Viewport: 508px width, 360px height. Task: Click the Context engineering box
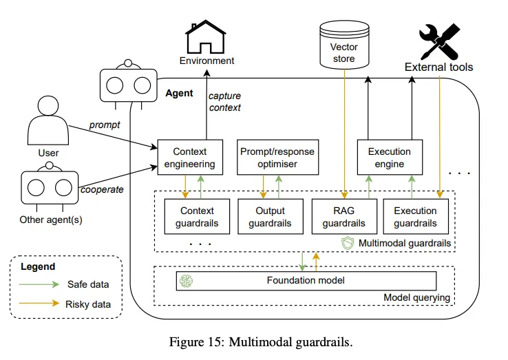point(189,158)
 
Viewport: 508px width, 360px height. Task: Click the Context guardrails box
point(197,216)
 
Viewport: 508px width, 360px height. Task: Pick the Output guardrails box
point(270,216)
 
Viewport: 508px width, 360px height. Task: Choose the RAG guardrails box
point(343,216)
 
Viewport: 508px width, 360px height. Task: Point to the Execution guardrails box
point(415,216)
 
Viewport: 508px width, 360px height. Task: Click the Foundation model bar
point(306,280)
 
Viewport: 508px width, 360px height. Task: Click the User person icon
point(48,120)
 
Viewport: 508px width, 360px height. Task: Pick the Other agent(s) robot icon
point(48,188)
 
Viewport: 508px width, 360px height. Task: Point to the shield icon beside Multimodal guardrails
point(348,243)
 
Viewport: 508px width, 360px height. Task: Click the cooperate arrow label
point(103,189)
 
